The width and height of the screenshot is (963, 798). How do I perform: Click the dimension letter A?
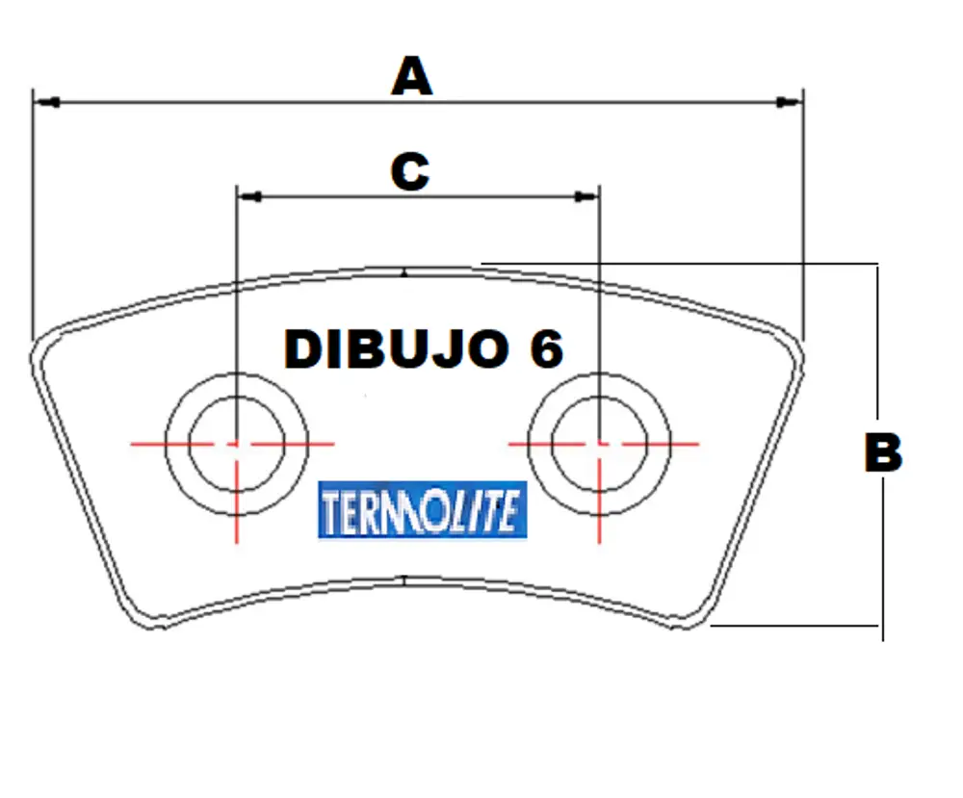point(411,76)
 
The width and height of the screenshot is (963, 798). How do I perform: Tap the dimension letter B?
point(882,452)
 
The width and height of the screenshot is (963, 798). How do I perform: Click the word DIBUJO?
point(396,349)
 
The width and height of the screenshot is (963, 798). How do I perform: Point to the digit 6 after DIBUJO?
point(546,349)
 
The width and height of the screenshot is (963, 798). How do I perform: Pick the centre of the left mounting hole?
point(236,444)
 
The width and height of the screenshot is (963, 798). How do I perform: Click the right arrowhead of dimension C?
point(586,196)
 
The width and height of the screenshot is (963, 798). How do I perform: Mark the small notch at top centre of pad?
point(404,273)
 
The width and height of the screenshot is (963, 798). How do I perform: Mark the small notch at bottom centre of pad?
point(405,579)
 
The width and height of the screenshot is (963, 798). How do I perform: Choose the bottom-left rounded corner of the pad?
point(149,621)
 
